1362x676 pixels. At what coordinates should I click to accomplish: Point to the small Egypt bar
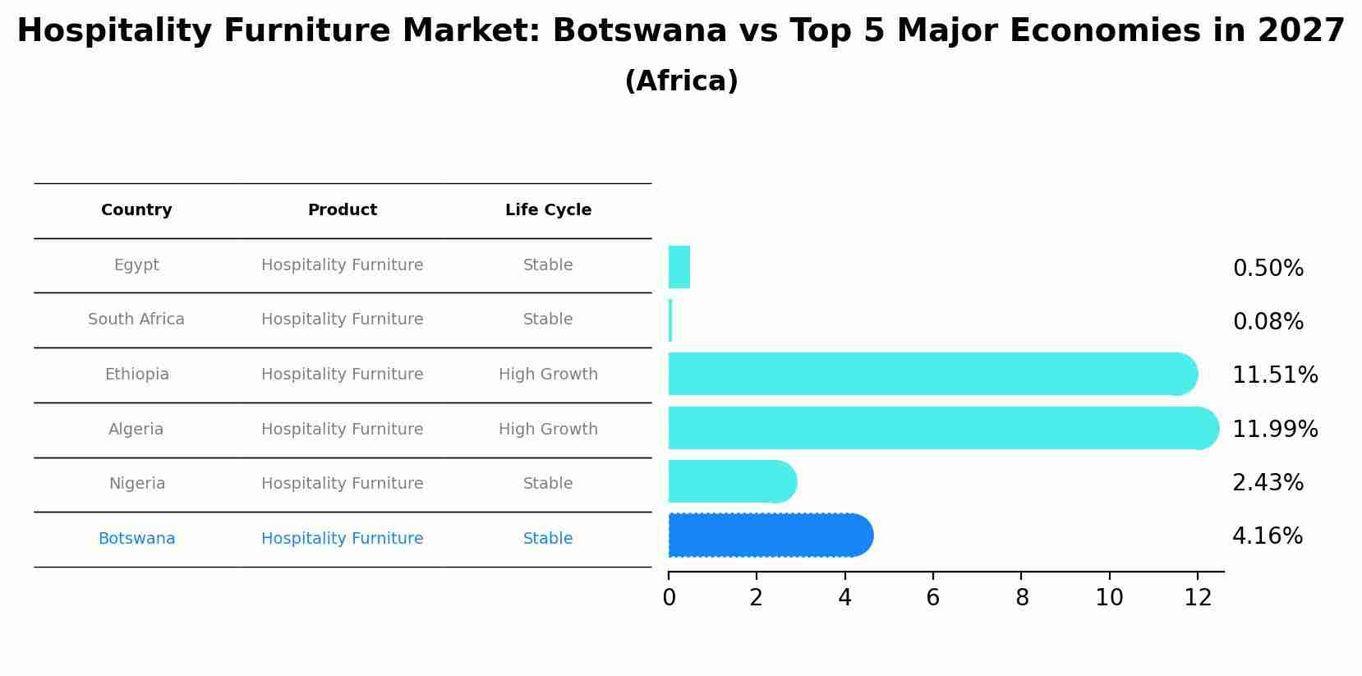(679, 267)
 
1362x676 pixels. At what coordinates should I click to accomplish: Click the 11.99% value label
(1275, 429)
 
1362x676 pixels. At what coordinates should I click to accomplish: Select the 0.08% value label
(1268, 322)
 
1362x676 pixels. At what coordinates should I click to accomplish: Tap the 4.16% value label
(1267, 536)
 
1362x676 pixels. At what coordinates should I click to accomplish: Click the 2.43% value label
(1268, 483)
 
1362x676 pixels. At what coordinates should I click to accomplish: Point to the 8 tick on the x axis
(1022, 598)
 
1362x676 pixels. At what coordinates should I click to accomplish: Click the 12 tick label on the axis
(1198, 598)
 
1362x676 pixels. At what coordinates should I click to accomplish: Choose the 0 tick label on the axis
(669, 598)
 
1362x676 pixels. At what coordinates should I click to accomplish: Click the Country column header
(136, 210)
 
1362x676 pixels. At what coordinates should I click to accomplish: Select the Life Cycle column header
(548, 210)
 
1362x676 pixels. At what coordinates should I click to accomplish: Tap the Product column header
(343, 210)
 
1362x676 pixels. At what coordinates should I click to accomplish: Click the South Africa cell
(136, 320)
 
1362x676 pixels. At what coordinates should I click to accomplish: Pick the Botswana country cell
(136, 539)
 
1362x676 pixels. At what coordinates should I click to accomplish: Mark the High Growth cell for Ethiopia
(548, 375)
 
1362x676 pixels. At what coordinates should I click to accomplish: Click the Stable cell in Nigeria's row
(548, 484)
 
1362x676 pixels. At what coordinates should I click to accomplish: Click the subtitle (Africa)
(681, 81)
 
